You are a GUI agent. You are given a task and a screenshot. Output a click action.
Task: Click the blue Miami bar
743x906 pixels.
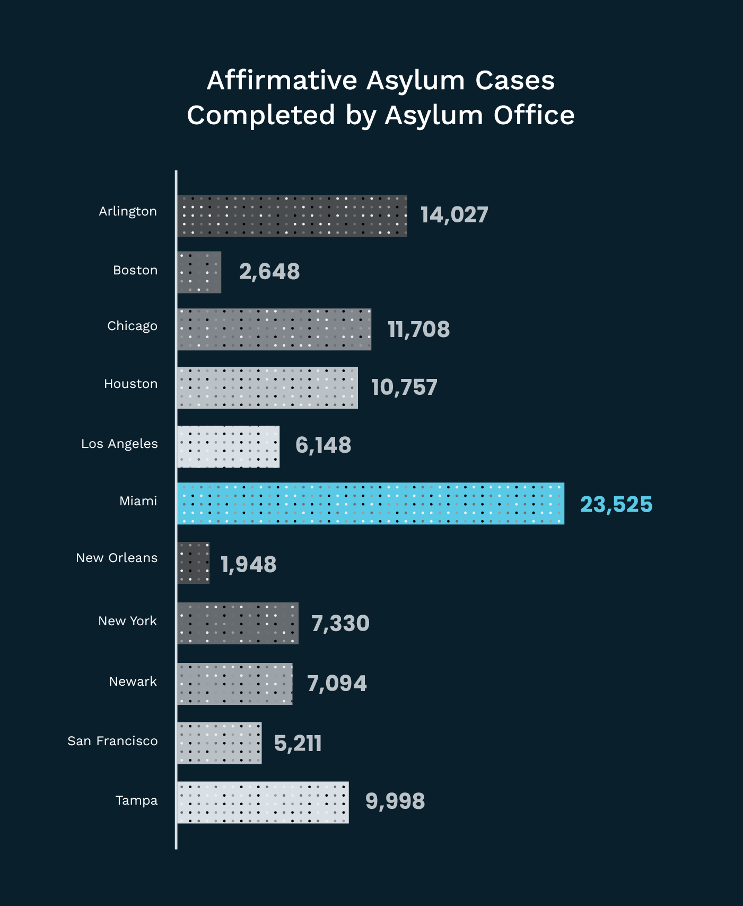point(370,503)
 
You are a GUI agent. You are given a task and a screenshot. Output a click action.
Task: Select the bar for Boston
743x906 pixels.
point(199,272)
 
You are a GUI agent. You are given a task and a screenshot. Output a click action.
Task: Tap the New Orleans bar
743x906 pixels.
point(193,563)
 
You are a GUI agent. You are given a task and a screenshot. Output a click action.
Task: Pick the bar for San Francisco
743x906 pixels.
point(219,743)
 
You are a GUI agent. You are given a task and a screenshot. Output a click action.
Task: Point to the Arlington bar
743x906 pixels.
point(292,215)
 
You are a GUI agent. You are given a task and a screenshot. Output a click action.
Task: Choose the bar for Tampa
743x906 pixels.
point(263,802)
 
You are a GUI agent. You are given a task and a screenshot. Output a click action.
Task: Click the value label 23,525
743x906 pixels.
point(616,504)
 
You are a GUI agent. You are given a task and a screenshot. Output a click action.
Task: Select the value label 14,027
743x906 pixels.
point(454,215)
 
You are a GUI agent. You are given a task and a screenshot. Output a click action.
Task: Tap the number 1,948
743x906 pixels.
point(248,564)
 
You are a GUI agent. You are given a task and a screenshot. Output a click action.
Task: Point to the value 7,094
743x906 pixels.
point(337,684)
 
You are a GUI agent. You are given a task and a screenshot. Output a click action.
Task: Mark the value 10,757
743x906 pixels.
point(404,387)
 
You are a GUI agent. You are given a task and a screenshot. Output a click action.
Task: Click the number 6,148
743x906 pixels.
point(323,445)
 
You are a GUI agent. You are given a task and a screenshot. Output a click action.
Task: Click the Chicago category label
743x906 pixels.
point(132,326)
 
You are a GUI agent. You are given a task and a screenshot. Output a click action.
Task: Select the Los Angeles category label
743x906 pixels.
point(119,444)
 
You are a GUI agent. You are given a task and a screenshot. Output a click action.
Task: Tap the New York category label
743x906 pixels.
point(127,621)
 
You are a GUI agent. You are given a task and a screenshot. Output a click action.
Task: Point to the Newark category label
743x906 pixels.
point(133,681)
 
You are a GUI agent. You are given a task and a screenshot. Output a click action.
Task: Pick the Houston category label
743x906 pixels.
point(130,384)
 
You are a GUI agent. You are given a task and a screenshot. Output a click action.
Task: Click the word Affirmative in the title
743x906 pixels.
point(282,81)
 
